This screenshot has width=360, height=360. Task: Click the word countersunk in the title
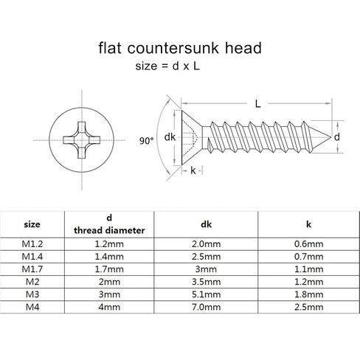point(173,48)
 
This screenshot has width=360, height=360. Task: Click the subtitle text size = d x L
point(167,66)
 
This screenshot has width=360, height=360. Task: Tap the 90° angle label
point(146,141)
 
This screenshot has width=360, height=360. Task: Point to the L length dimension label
point(257,104)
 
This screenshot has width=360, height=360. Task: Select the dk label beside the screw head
point(170,137)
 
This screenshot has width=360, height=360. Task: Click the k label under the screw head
point(193,170)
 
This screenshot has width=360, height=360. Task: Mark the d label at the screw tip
point(337,137)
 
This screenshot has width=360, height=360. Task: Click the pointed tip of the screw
point(330,137)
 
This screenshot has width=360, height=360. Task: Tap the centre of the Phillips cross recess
point(82,140)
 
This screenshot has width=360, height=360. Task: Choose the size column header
point(32,224)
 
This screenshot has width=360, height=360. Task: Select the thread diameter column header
point(109,230)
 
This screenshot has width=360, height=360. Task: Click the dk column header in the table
point(206,224)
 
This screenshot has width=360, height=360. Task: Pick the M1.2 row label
point(32,244)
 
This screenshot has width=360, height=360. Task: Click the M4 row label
point(32,307)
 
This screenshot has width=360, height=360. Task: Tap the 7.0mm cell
point(206,307)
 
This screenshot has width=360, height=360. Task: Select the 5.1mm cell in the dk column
point(206,294)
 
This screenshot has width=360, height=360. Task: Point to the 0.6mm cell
point(308,244)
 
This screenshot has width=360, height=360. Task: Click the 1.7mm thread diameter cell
point(109,269)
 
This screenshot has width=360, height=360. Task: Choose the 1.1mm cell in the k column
point(308,269)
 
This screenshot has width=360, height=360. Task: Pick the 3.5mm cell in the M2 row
point(206,282)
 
